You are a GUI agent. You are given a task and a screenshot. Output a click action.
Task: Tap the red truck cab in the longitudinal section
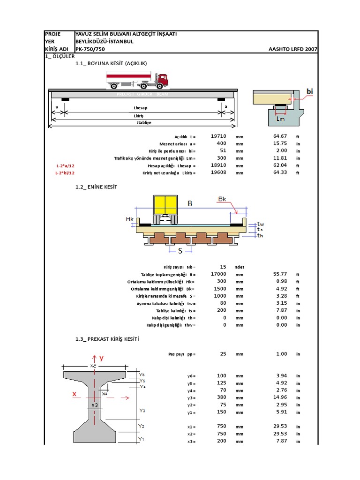point(161,80)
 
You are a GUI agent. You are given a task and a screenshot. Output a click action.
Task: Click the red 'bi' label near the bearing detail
point(309,90)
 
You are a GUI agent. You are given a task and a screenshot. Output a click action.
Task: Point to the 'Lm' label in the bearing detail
point(280,119)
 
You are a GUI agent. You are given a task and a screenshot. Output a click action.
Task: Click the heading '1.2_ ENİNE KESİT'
point(96,187)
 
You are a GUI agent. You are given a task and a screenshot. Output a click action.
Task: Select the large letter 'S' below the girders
point(180,251)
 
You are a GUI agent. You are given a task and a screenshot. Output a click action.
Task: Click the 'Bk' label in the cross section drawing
point(222,199)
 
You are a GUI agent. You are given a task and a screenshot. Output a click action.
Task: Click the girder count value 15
point(223,267)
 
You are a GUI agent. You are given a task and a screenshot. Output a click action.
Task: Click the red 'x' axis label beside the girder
point(74,394)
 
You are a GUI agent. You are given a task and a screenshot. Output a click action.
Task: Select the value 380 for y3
point(222,397)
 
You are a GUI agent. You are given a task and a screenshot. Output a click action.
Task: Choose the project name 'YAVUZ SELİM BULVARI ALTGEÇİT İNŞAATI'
point(126,34)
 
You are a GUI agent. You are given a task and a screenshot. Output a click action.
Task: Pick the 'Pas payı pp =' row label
point(181,354)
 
